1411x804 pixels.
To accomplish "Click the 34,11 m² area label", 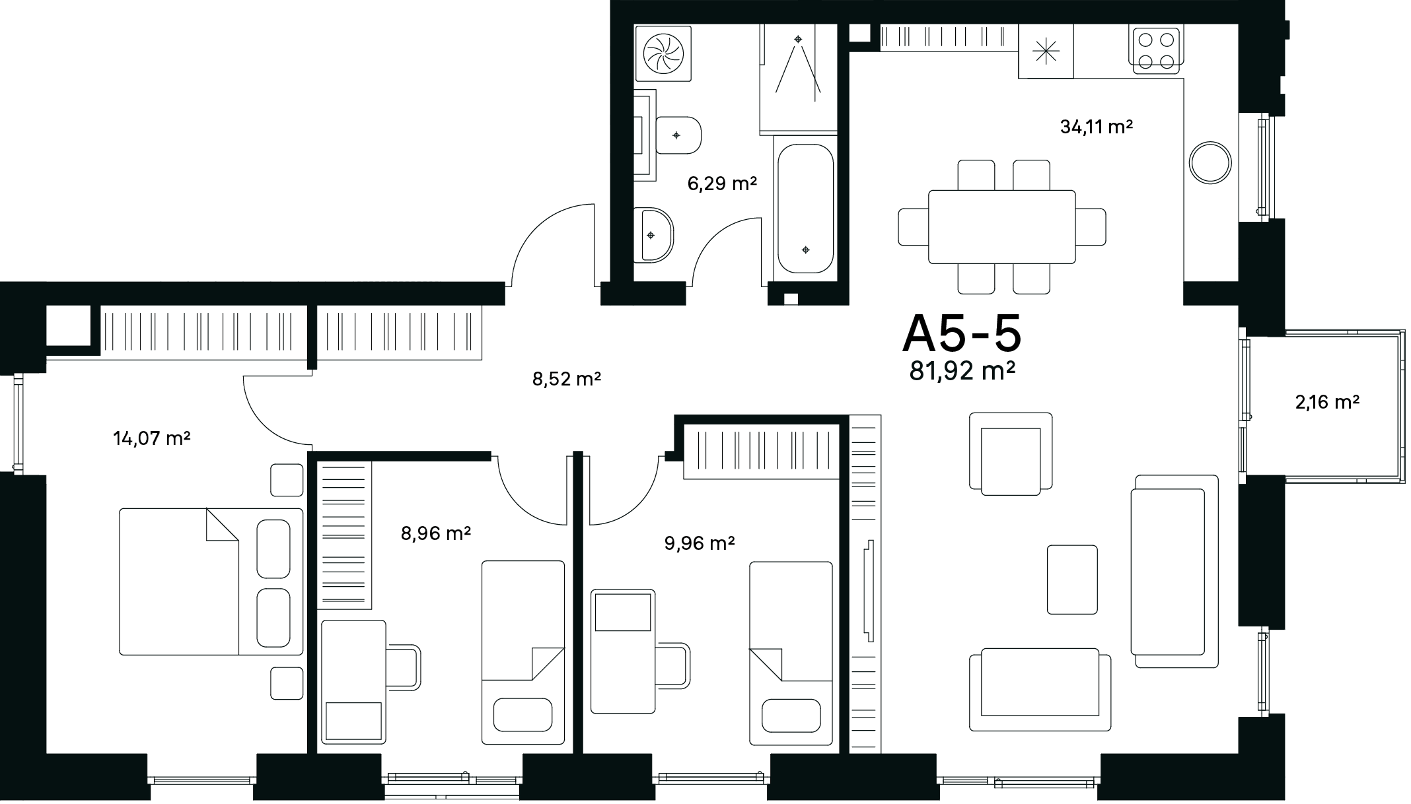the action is (x=1096, y=127).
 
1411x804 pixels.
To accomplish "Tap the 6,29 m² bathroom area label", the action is (x=722, y=184).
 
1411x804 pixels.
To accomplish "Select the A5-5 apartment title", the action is (x=962, y=335).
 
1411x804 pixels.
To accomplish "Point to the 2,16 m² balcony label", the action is (x=1327, y=401).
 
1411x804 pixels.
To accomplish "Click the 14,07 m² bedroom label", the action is (x=152, y=438).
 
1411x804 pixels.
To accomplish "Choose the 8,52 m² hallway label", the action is (x=567, y=379).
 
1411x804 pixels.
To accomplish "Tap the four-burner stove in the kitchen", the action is (x=1156, y=50).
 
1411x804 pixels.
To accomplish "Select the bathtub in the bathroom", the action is (x=805, y=209).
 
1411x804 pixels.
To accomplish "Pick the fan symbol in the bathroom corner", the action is (x=663, y=53).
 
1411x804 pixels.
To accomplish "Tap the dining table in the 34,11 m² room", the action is (x=1002, y=226).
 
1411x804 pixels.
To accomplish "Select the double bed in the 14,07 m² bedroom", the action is (x=211, y=582).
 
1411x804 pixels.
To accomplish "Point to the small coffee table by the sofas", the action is (x=1072, y=579).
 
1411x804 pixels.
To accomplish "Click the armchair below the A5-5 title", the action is (x=1011, y=453).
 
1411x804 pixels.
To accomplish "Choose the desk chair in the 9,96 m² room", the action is (x=673, y=666).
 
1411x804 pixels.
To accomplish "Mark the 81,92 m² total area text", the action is (x=962, y=372).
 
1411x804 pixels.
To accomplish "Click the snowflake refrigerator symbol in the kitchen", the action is (x=1046, y=51).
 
